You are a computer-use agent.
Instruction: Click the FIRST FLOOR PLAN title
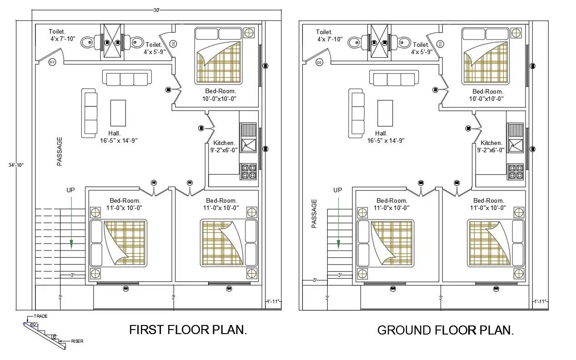[188, 330]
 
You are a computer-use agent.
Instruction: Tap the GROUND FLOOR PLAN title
[446, 330]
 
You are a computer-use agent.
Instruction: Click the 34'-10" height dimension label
[16, 165]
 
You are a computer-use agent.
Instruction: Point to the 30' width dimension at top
[156, 10]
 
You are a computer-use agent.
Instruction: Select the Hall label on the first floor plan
[114, 134]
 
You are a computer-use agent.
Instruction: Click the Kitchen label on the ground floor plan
[491, 143]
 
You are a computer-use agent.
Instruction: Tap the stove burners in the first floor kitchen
[249, 172]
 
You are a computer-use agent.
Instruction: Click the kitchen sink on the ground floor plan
[516, 146]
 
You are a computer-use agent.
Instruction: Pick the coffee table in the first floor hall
[118, 113]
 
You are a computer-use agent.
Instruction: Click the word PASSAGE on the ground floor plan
[314, 214]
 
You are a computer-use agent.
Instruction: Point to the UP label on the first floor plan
[71, 190]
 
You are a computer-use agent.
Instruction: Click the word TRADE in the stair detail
[40, 316]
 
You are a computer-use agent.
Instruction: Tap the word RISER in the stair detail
[77, 341]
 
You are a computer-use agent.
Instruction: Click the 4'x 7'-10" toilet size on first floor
[63, 39]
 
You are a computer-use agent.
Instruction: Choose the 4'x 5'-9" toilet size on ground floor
[422, 52]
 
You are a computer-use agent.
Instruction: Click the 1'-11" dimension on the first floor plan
[273, 301]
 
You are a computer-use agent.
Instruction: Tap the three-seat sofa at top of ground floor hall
[394, 78]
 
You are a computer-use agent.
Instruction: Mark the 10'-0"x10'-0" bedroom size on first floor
[219, 99]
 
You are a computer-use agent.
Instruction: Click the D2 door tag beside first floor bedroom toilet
[173, 44]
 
